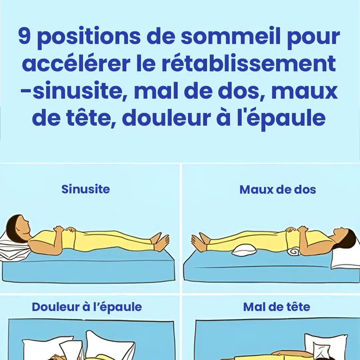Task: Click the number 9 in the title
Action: click(x=24, y=36)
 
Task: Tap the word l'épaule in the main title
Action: click(x=281, y=118)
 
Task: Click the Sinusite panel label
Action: click(x=86, y=189)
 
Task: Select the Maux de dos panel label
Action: click(x=278, y=190)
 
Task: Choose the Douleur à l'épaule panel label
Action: click(x=87, y=307)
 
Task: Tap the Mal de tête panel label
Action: click(x=277, y=307)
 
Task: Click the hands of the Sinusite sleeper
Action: click(x=65, y=229)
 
